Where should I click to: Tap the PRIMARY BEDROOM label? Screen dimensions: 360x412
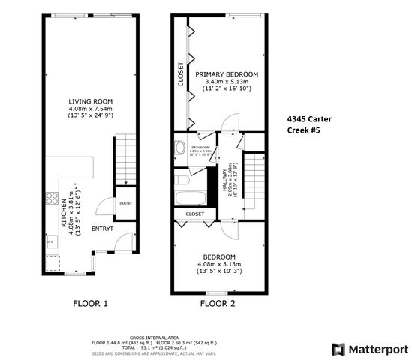tap(227, 74)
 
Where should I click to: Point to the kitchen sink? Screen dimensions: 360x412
tap(51, 241)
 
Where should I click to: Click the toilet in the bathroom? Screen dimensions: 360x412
tap(179, 147)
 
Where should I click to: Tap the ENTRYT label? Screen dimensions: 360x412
tap(102, 228)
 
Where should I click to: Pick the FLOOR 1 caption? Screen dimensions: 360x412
tap(90, 304)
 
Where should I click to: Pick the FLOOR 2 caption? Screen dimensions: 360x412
tap(218, 304)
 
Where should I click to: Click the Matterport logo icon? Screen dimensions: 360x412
tap(338, 349)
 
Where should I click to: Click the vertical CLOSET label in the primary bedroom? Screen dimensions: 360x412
tap(181, 74)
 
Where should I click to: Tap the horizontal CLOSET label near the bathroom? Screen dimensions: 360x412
tap(194, 214)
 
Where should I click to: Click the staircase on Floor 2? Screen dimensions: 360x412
tap(256, 184)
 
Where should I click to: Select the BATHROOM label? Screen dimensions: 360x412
tap(200, 148)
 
